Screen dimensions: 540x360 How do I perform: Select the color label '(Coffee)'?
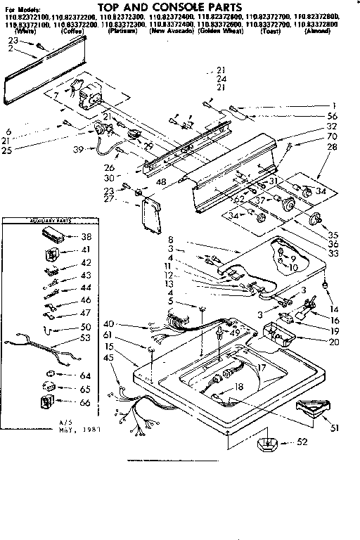72,32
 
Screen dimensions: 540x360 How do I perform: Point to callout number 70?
333,137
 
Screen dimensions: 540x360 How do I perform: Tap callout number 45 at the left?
108,358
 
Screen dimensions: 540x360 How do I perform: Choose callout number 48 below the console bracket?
161,183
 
